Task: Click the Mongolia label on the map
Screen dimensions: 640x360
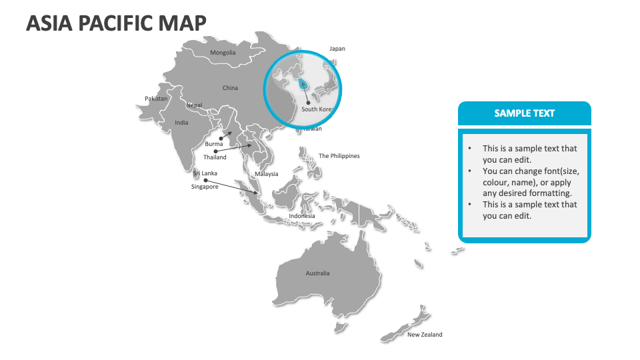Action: pos(223,53)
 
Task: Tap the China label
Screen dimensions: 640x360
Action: pos(230,88)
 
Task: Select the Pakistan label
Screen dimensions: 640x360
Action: pos(156,99)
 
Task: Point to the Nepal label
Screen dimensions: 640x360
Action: pos(194,105)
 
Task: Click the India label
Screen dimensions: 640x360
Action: pos(181,123)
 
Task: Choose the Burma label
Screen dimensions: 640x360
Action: pos(214,144)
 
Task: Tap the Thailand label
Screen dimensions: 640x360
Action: pos(215,157)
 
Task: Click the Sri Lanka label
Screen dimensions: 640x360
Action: pos(205,173)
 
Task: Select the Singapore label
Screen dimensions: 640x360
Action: pos(205,187)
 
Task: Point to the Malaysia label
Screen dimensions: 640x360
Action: pos(266,174)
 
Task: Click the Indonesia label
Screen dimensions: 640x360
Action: pos(302,216)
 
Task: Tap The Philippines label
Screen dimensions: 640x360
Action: pos(339,156)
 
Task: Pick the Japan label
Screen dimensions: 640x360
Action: pos(337,49)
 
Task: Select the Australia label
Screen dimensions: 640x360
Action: pos(317,273)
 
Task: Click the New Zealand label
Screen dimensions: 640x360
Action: pos(425,335)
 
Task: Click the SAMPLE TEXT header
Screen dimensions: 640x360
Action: pos(524,113)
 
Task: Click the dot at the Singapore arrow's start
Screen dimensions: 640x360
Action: pos(205,180)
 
